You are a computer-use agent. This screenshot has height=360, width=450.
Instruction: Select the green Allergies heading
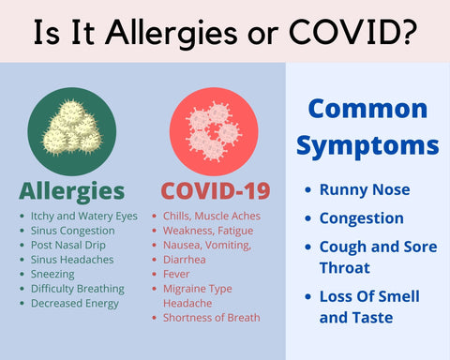point(72,191)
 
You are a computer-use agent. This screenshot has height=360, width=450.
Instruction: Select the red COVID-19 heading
point(216,191)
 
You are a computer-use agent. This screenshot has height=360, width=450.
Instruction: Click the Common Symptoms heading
point(367,127)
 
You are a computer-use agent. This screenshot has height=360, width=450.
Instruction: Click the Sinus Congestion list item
point(74,231)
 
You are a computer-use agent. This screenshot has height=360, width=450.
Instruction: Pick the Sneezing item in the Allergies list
point(53,274)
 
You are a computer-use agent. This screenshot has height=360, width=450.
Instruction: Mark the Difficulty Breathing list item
point(77,288)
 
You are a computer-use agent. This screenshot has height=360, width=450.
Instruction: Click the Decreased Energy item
point(74,303)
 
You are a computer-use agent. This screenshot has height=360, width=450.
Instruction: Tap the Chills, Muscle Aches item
point(212,216)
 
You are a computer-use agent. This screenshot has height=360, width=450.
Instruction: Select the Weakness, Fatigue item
point(207,231)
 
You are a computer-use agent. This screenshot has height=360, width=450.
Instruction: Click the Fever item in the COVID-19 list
point(176,274)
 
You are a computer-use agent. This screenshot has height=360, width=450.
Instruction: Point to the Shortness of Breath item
point(211,317)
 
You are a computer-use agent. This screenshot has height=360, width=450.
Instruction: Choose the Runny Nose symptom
point(365,189)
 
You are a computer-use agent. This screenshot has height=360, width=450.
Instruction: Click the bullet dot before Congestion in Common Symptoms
point(307,218)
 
